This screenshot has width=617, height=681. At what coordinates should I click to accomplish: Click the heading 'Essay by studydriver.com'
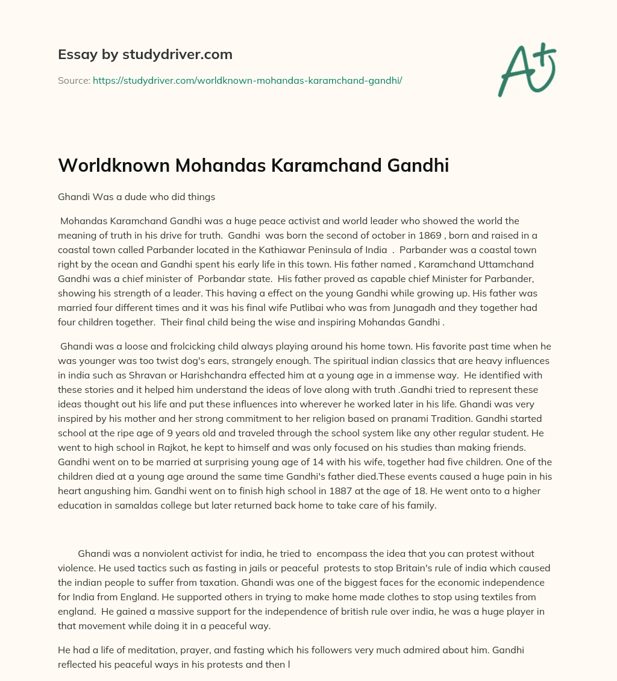(145, 54)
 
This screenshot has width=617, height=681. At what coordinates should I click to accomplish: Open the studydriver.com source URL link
(247, 80)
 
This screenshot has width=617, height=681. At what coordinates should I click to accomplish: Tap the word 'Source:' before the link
(74, 80)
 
